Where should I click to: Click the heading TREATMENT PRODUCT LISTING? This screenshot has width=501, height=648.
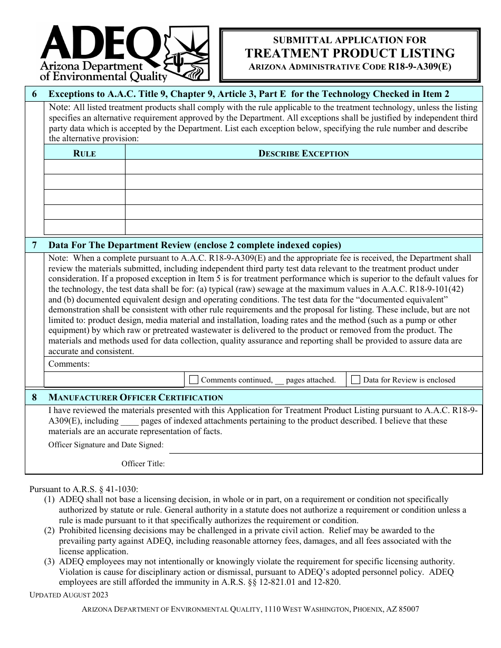[x=350, y=53]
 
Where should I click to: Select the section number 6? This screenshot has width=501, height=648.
[x=35, y=94]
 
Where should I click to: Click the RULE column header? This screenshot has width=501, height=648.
[x=84, y=154]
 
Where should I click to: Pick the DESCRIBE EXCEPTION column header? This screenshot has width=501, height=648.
[x=303, y=154]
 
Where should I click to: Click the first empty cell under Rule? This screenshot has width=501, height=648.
[x=84, y=167]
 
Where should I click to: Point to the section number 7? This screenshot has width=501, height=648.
[x=35, y=245]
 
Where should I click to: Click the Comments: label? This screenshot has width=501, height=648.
[x=69, y=364]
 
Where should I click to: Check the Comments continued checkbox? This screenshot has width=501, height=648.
[x=194, y=379]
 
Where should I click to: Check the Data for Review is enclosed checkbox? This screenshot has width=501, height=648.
[x=356, y=379]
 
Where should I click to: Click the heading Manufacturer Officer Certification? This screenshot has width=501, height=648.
[x=136, y=398]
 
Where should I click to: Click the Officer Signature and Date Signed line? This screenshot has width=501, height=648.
[x=324, y=447]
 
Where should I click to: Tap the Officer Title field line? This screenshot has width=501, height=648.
[x=324, y=465]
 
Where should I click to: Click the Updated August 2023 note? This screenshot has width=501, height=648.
[x=69, y=595]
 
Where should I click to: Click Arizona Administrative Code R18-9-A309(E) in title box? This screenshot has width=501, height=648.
[x=350, y=67]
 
